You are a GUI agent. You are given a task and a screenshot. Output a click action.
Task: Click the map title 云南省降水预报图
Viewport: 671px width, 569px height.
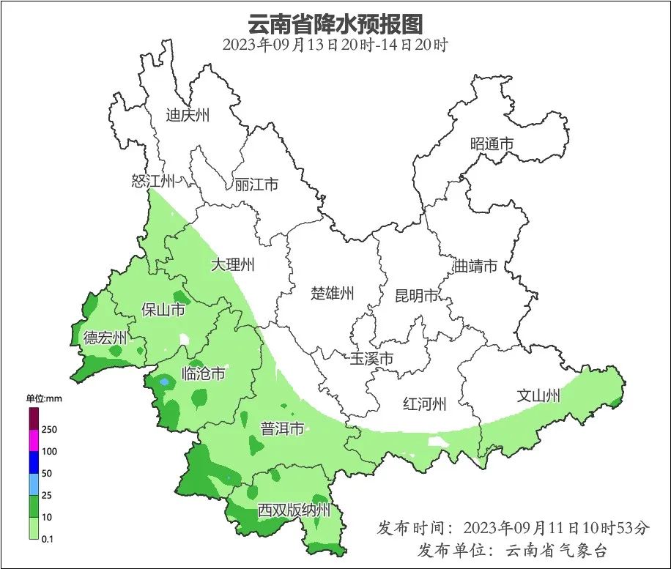pyautogui.click(x=335, y=23)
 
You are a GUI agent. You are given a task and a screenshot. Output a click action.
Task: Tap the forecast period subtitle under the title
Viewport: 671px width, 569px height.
pyautogui.click(x=335, y=45)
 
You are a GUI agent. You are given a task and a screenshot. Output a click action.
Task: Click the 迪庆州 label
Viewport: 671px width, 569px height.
pyautogui.click(x=188, y=115)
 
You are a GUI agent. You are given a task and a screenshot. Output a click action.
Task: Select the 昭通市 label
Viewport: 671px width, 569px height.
pyautogui.click(x=492, y=144)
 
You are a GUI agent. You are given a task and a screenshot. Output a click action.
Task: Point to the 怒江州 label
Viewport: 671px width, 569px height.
pyautogui.click(x=153, y=181)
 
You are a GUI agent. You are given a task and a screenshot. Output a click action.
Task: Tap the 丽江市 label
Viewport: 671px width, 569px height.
pyautogui.click(x=256, y=185)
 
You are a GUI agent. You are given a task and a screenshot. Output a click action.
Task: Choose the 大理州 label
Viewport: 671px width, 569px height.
pyautogui.click(x=232, y=264)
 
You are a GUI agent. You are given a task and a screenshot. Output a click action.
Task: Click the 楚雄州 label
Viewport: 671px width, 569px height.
pyautogui.click(x=333, y=294)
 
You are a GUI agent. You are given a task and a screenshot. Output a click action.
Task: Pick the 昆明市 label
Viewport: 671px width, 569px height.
pyautogui.click(x=416, y=296)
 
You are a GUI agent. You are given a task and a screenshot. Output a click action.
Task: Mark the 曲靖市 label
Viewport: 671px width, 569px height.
pyautogui.click(x=475, y=266)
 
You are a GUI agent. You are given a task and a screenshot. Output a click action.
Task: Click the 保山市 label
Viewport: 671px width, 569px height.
pyautogui.click(x=163, y=310)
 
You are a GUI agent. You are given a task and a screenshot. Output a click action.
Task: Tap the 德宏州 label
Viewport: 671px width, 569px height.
pyautogui.click(x=105, y=338)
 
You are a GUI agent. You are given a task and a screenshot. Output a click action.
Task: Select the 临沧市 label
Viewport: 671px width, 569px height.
pyautogui.click(x=203, y=374)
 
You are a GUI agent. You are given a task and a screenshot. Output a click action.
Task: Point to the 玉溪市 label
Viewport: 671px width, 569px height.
pyautogui.click(x=371, y=359)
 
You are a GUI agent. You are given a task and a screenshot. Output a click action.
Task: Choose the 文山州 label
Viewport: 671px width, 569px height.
pyautogui.click(x=538, y=396)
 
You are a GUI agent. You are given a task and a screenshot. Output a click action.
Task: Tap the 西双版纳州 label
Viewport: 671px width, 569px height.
pyautogui.click(x=294, y=510)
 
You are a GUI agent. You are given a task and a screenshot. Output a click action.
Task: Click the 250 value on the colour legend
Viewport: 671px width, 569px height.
pyautogui.click(x=50, y=429)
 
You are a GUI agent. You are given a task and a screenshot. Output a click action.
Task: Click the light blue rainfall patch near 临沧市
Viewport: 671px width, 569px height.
pyautogui.click(x=164, y=382)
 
